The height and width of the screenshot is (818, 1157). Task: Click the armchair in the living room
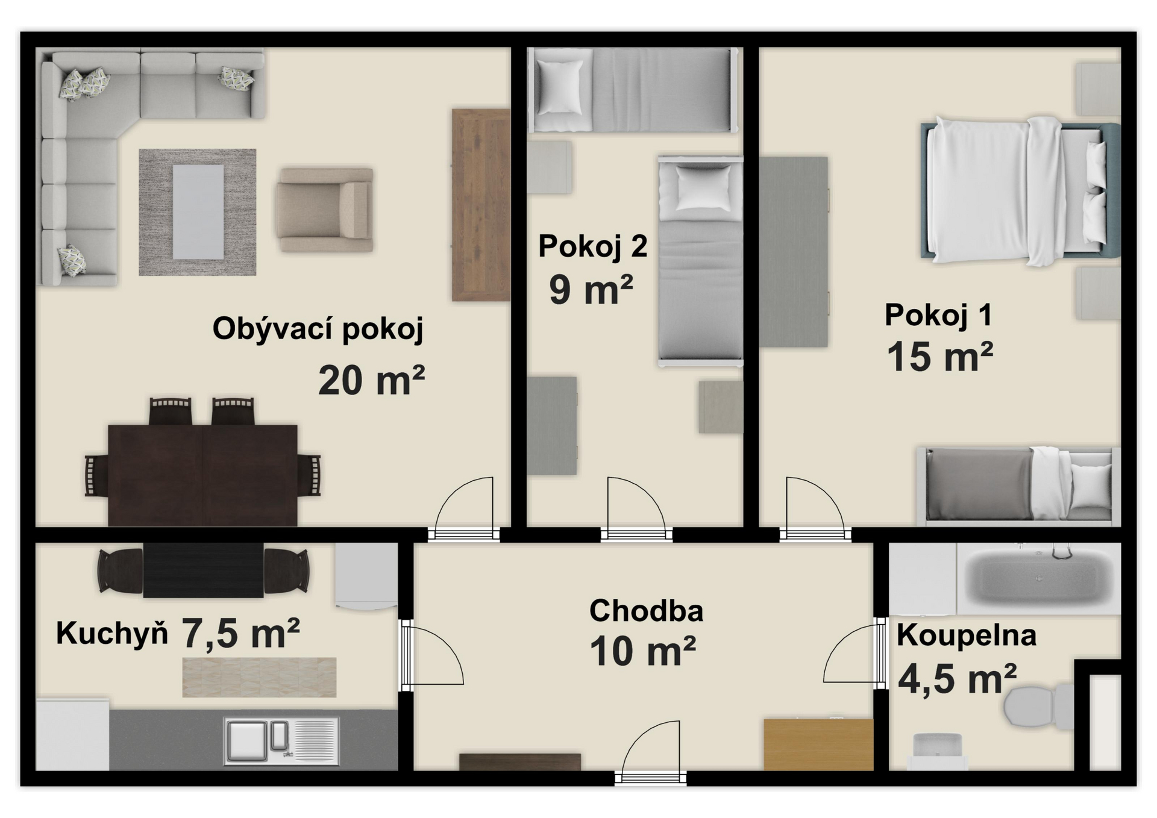[324, 210]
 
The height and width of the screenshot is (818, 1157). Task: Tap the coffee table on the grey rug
[198, 211]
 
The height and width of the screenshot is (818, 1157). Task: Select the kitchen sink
[281, 740]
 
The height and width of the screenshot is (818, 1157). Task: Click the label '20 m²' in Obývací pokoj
[371, 381]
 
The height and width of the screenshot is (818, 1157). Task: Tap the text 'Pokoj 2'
[592, 246]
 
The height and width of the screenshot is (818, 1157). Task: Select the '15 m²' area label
[939, 356]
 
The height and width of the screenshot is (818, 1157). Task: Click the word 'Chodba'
[646, 611]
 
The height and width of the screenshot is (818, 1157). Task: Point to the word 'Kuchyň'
[111, 634]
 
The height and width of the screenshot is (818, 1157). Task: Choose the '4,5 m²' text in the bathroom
[957, 679]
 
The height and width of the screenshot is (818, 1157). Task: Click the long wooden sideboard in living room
[481, 205]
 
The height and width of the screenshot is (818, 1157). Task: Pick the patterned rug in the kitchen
[259, 677]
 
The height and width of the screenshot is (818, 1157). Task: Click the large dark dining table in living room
[202, 475]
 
